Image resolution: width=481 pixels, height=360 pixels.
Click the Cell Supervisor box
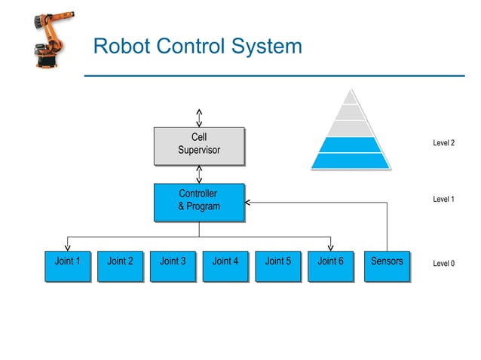[x=199, y=145]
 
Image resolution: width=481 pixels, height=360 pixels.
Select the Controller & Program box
[x=199, y=202]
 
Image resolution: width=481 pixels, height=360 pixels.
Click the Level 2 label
[x=443, y=143]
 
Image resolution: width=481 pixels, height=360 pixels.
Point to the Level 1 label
[x=443, y=200]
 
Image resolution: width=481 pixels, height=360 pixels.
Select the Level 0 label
[x=443, y=264]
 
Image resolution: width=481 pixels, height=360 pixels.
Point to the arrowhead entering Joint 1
[x=67, y=246]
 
